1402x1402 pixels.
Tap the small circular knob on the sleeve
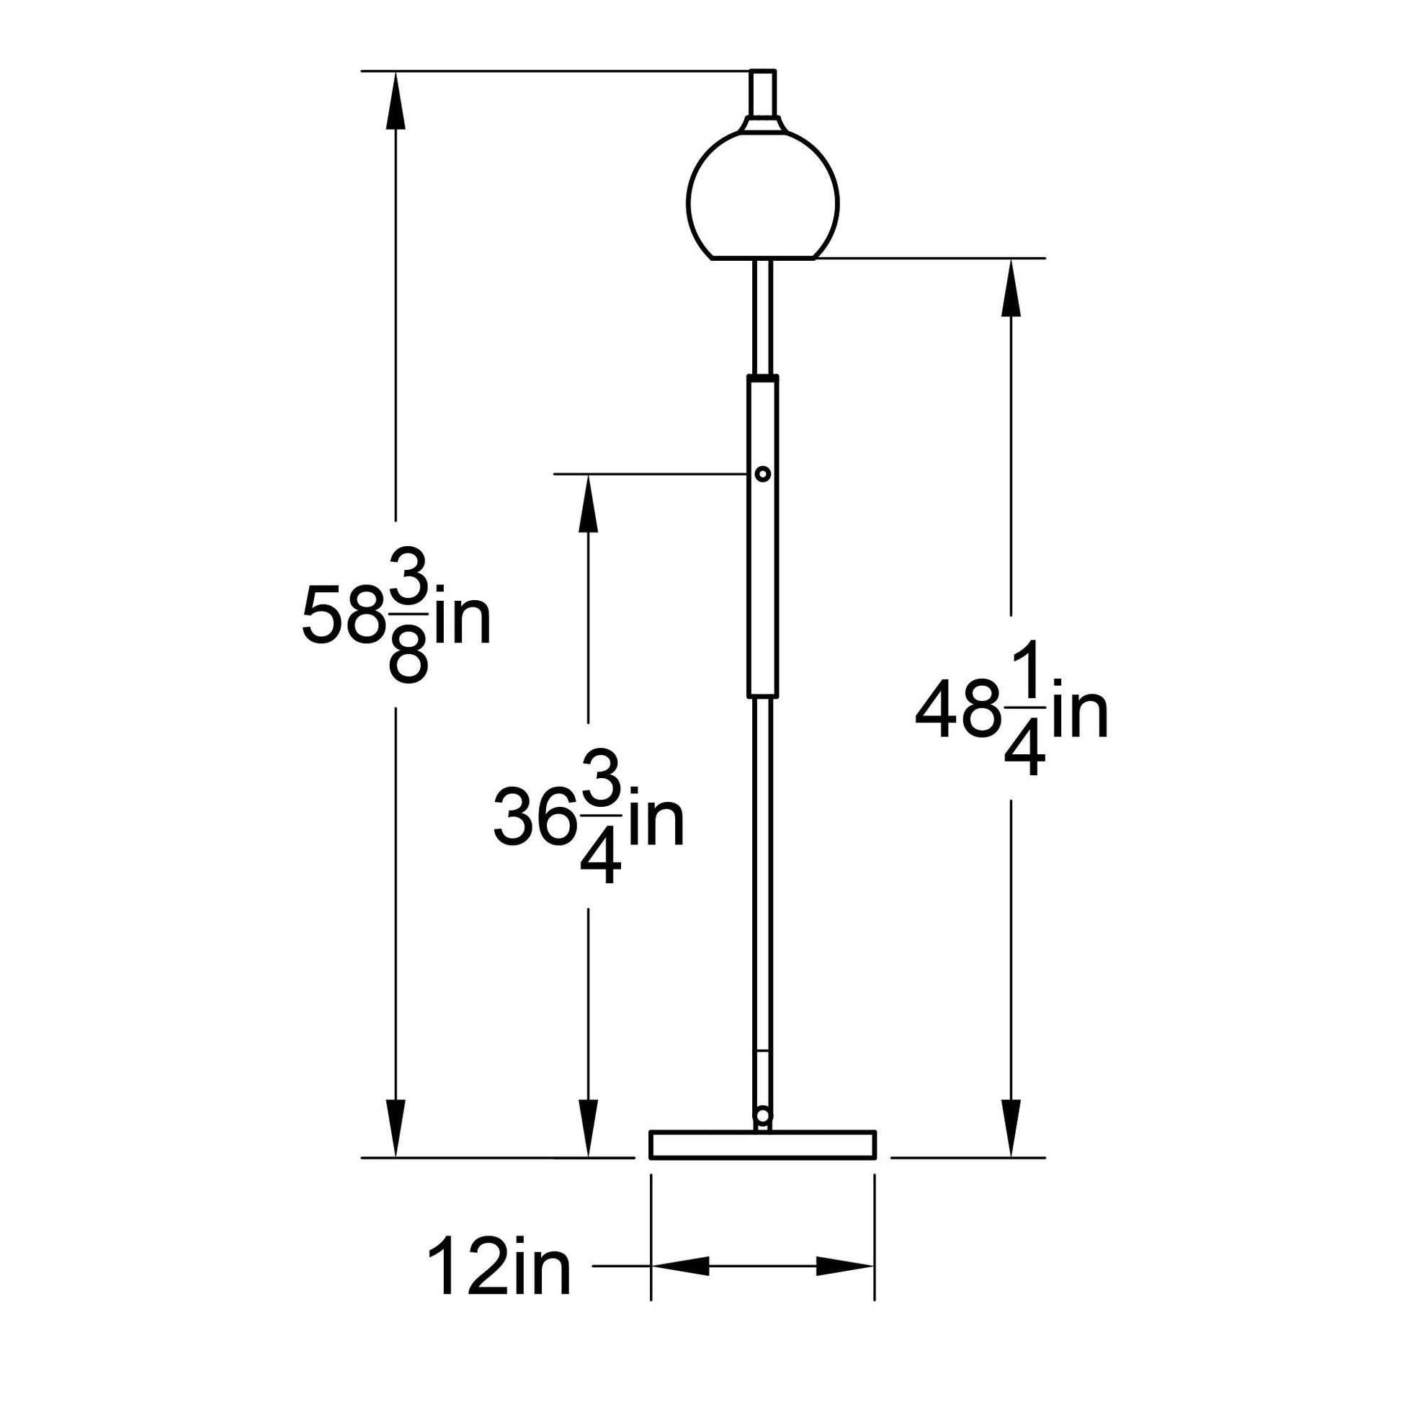coord(763,474)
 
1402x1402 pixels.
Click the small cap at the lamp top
coord(763,93)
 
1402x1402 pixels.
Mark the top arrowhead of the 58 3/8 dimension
coord(396,101)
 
